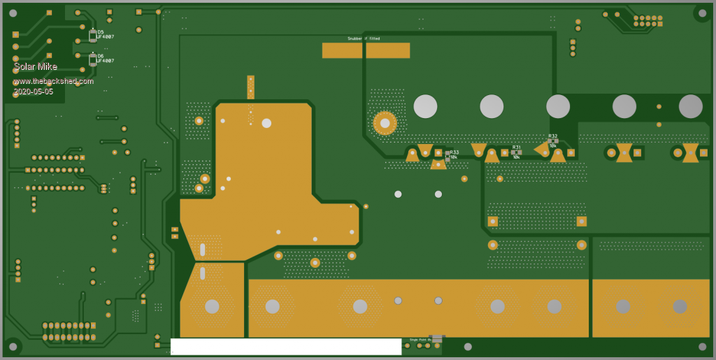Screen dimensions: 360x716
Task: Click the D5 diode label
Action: coord(100,32)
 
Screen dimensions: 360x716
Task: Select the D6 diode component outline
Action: coord(92,60)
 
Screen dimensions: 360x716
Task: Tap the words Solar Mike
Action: coord(35,66)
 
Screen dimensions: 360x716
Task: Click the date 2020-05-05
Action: coord(33,91)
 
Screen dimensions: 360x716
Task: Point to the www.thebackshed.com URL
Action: coord(53,80)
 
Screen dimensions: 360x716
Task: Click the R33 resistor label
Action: coord(454,152)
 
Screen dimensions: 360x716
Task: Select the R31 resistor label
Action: coord(516,147)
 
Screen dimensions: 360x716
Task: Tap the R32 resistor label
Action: coord(552,136)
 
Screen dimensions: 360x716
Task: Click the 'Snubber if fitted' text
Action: coord(364,38)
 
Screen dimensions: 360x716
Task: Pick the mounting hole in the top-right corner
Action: coord(701,13)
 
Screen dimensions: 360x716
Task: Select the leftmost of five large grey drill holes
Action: coord(425,106)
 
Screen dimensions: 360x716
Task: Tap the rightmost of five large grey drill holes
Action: coord(690,106)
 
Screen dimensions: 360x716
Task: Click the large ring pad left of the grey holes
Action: coord(385,123)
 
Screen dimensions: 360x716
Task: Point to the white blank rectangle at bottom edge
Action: coord(285,346)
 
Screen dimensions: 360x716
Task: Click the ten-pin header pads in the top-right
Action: coord(647,21)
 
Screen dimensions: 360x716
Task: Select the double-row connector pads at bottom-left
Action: coord(69,331)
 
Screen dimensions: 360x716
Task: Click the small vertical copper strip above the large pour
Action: coord(250,87)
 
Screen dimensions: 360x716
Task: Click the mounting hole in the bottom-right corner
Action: coord(702,346)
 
